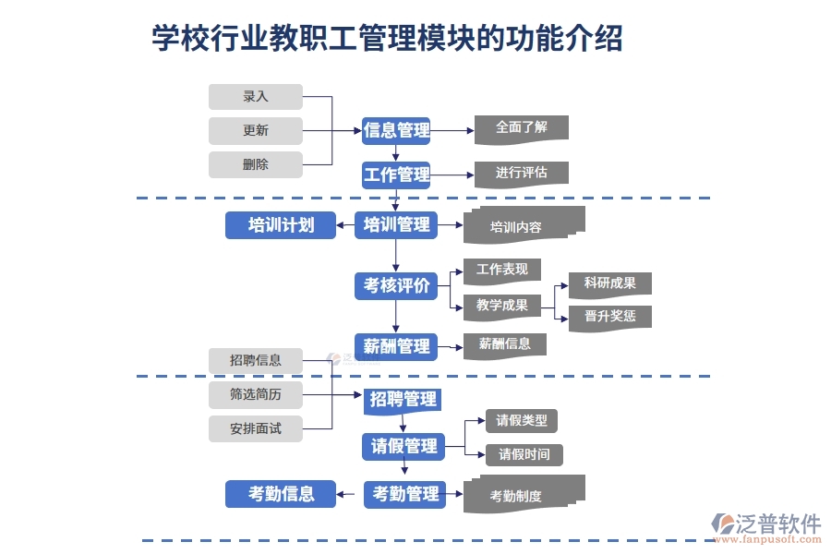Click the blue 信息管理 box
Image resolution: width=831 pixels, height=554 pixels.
[x=396, y=130]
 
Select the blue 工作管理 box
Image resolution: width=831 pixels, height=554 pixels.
[x=396, y=175]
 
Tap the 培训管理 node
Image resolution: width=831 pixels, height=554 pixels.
[x=396, y=224]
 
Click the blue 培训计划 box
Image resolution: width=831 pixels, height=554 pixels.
[x=281, y=224]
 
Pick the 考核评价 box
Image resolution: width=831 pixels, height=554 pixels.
[x=396, y=286]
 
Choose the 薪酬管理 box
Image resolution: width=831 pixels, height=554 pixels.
[x=396, y=346]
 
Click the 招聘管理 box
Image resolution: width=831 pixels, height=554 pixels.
[x=402, y=400]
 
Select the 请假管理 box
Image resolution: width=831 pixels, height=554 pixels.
[x=403, y=447]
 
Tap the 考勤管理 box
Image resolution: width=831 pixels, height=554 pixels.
[x=404, y=495]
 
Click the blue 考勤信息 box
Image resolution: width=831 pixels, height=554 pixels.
[x=281, y=494]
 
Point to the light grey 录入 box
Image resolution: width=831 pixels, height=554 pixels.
[x=256, y=97]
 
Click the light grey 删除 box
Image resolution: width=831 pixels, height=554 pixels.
[x=256, y=164]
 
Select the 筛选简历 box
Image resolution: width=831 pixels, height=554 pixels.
[x=256, y=394]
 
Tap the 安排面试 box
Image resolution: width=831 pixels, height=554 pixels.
[x=256, y=428]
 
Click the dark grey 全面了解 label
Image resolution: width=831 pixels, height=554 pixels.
[x=521, y=128]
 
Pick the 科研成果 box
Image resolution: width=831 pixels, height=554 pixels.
[x=609, y=283]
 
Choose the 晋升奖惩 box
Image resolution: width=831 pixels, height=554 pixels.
[x=609, y=317]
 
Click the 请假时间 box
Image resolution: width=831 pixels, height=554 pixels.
[x=524, y=454]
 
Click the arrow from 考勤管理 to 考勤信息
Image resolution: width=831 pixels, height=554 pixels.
[x=347, y=495]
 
